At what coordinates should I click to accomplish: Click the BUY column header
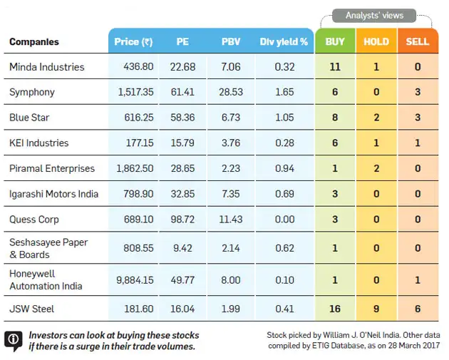click(335, 42)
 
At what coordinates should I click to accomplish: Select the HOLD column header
click(376, 42)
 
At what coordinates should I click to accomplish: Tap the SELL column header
click(418, 42)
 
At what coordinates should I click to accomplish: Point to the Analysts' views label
click(374, 15)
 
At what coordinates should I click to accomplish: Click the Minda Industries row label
click(46, 67)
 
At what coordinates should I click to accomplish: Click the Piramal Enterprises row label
click(52, 169)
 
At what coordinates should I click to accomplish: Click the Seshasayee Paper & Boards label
click(48, 248)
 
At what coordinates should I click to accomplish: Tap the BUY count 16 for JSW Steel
click(335, 309)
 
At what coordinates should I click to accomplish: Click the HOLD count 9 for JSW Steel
click(376, 309)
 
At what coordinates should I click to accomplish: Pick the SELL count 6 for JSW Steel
click(418, 309)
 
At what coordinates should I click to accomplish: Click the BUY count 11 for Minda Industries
click(335, 67)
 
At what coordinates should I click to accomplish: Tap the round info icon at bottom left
click(13, 341)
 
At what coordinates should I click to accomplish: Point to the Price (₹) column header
click(133, 42)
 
